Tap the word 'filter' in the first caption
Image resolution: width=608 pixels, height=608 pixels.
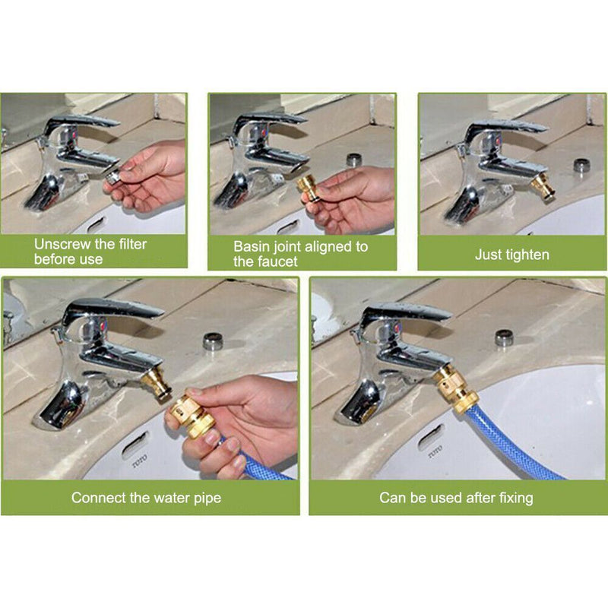131,244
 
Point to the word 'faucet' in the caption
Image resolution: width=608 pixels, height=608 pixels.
278,261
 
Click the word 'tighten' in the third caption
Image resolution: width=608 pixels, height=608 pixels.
528,255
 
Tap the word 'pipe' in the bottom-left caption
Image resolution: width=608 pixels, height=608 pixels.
207,499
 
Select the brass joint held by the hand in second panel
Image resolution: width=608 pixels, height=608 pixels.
309,187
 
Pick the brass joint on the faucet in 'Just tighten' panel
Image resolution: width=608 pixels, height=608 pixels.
543,188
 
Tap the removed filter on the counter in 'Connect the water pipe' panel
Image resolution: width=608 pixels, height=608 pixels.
214,340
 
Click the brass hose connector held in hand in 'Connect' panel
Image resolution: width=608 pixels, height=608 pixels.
192,413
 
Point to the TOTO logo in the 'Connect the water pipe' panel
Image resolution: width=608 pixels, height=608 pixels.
140,461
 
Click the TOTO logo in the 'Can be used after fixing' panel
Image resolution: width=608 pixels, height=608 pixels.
435,452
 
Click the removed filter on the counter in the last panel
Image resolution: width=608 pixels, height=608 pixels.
505,337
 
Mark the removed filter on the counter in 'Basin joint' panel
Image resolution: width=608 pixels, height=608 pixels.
353,160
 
